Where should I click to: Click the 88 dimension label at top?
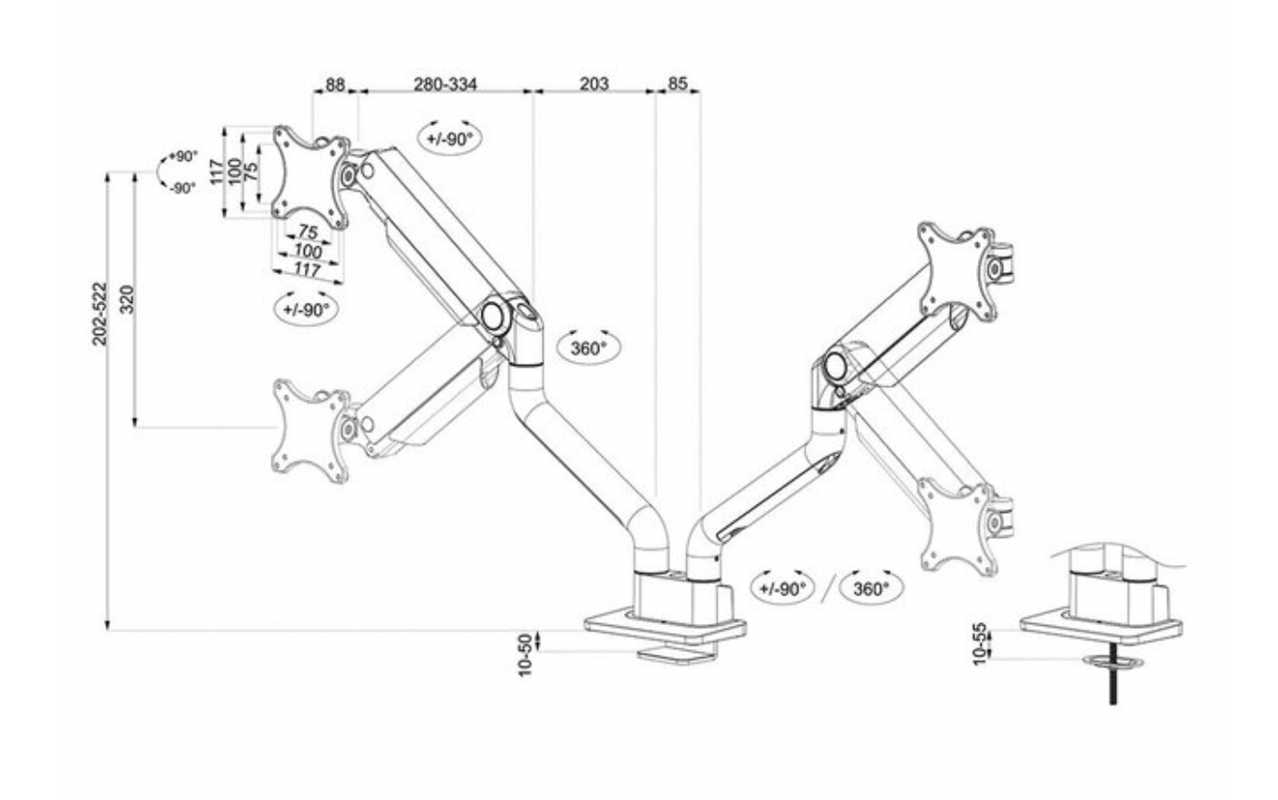[x=334, y=84]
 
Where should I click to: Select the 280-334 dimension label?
[x=445, y=84]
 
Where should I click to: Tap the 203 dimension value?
[x=594, y=84]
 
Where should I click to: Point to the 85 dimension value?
[x=678, y=84]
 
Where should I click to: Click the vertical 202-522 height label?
[x=100, y=314]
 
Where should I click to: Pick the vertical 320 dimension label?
[x=128, y=300]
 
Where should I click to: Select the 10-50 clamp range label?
[x=526, y=654]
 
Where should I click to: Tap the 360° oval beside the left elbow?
[x=589, y=347]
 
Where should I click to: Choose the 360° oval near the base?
[x=871, y=588]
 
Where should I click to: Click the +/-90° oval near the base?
[x=783, y=588]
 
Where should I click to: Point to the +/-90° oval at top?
[x=450, y=139]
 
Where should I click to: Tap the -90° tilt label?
[x=182, y=188]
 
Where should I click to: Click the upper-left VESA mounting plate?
[x=311, y=176]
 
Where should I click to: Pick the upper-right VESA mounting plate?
[x=958, y=271]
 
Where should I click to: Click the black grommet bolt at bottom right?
[x=1112, y=686]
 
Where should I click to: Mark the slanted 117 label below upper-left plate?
[x=307, y=270]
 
